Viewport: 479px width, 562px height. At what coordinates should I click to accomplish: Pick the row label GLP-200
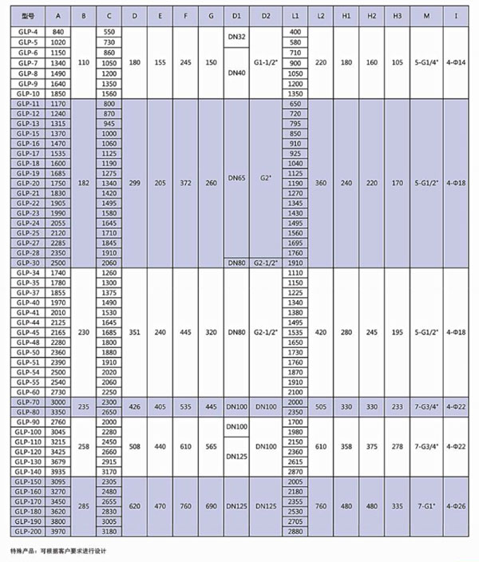pos(29,531)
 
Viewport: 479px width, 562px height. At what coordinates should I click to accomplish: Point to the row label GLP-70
pos(29,403)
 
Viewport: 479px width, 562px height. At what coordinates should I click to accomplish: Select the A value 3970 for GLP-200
pos(57,531)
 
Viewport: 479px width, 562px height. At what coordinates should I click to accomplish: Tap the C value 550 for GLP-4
pos(110,30)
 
